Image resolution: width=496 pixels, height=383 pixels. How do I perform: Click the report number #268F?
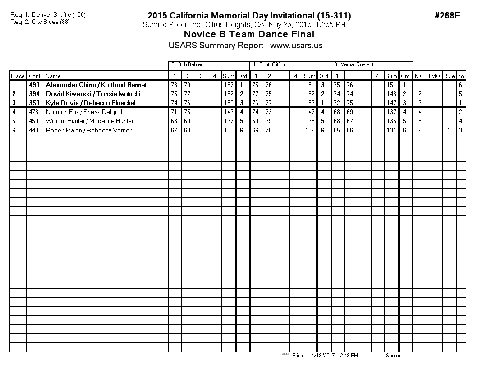(x=447, y=16)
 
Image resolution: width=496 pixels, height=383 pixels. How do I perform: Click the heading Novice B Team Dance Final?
(x=249, y=35)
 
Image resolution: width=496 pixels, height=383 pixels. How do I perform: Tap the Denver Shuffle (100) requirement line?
(x=48, y=14)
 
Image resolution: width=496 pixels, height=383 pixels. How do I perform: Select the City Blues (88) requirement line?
(x=40, y=22)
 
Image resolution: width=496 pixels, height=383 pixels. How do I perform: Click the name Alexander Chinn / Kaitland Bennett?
(x=97, y=85)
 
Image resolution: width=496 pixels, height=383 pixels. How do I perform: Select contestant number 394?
(x=35, y=94)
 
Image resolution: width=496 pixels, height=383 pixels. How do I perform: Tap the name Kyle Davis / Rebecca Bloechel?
(x=91, y=103)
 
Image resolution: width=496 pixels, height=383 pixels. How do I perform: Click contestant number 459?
(x=35, y=121)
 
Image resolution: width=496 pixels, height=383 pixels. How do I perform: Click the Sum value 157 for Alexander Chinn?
(x=229, y=85)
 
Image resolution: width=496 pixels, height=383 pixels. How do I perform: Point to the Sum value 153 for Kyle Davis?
(x=309, y=103)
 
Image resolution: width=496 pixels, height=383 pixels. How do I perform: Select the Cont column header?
(x=35, y=76)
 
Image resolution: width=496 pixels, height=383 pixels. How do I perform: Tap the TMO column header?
(x=434, y=76)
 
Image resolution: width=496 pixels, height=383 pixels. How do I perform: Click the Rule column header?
(x=449, y=76)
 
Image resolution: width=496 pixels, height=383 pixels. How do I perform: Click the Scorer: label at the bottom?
(x=393, y=356)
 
